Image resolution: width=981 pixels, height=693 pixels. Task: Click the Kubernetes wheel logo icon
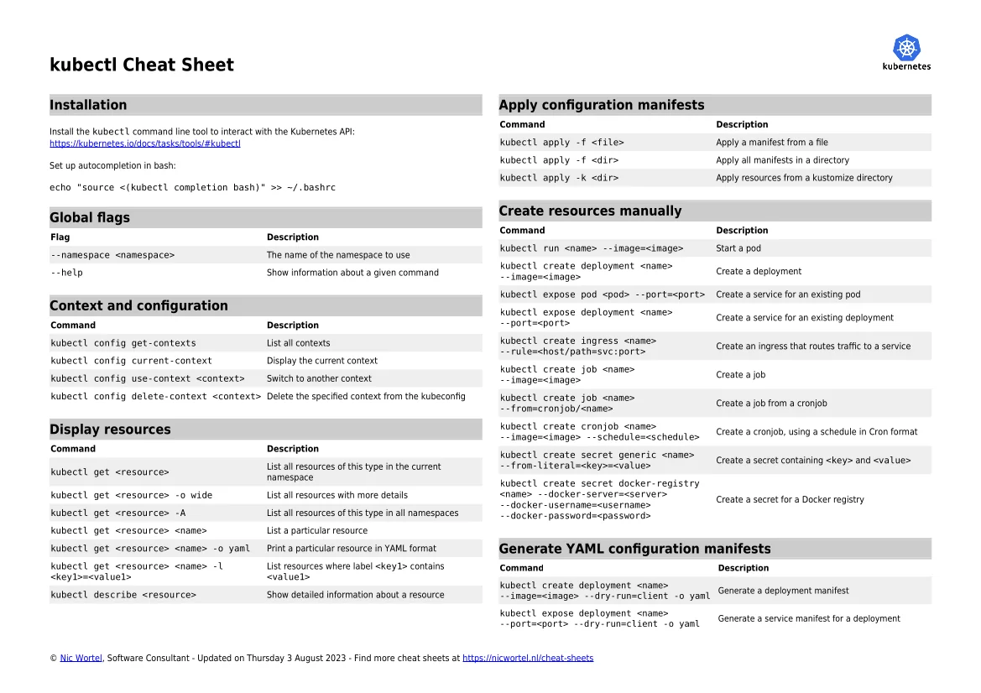click(906, 47)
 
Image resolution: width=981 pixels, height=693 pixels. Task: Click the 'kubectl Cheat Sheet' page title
click(142, 65)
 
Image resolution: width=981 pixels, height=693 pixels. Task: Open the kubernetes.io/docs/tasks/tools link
click(145, 143)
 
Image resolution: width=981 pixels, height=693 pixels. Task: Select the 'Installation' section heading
click(88, 105)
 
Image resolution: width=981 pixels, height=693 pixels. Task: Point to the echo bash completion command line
click(192, 187)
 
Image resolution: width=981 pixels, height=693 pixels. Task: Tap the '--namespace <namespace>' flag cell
click(112, 255)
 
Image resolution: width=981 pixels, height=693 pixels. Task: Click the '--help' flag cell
click(67, 273)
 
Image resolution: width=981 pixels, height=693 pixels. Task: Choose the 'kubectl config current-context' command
click(131, 361)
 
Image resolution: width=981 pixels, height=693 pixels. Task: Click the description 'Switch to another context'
click(319, 378)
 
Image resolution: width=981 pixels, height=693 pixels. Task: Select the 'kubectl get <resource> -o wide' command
click(131, 495)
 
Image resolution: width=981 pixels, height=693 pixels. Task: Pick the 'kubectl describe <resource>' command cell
click(123, 595)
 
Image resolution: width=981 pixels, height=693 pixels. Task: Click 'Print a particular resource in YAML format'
click(351, 549)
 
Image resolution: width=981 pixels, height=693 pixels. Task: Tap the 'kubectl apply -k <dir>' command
click(559, 178)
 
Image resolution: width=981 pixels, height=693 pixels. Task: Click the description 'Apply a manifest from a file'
click(771, 143)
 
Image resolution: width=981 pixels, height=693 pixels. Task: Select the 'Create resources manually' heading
click(590, 211)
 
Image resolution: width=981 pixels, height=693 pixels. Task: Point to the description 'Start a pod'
click(738, 248)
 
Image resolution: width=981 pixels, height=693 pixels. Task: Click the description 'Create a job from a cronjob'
click(771, 404)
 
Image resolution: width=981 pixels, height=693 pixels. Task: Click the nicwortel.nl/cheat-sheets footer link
click(528, 659)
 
